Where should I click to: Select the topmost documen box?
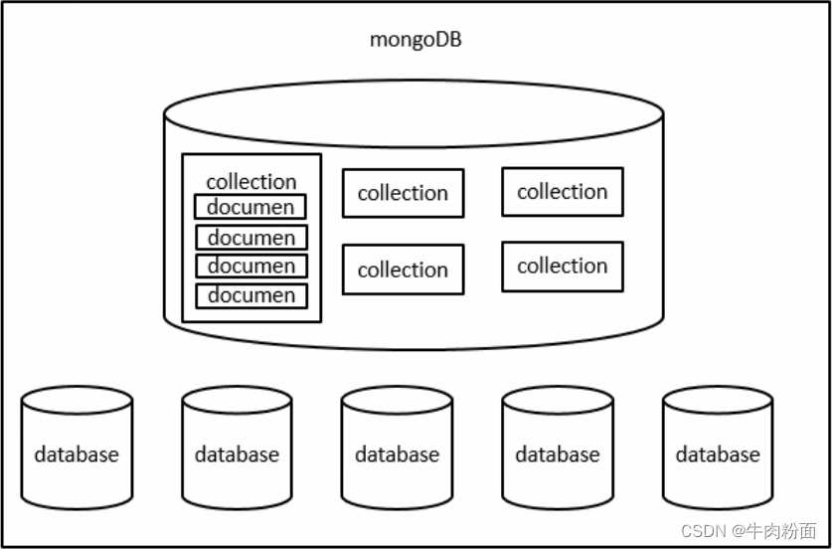(250, 207)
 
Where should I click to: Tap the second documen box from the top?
(251, 238)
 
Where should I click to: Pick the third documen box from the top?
(251, 266)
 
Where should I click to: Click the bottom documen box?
(251, 296)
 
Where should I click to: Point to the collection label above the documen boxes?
(250, 182)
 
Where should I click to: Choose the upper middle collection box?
(404, 193)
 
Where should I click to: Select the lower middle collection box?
(404, 270)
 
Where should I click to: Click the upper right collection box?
(563, 192)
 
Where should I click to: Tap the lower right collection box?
(563, 267)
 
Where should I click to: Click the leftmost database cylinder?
(77, 448)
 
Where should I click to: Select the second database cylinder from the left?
(237, 448)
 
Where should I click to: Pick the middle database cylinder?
(397, 448)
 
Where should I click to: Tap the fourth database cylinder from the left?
(558, 448)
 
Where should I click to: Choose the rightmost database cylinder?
(718, 448)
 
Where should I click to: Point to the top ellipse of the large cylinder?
(414, 81)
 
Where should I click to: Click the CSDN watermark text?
(703, 530)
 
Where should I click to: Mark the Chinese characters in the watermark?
(781, 530)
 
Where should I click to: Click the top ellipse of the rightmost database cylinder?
(718, 387)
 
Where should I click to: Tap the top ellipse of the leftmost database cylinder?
(77, 387)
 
